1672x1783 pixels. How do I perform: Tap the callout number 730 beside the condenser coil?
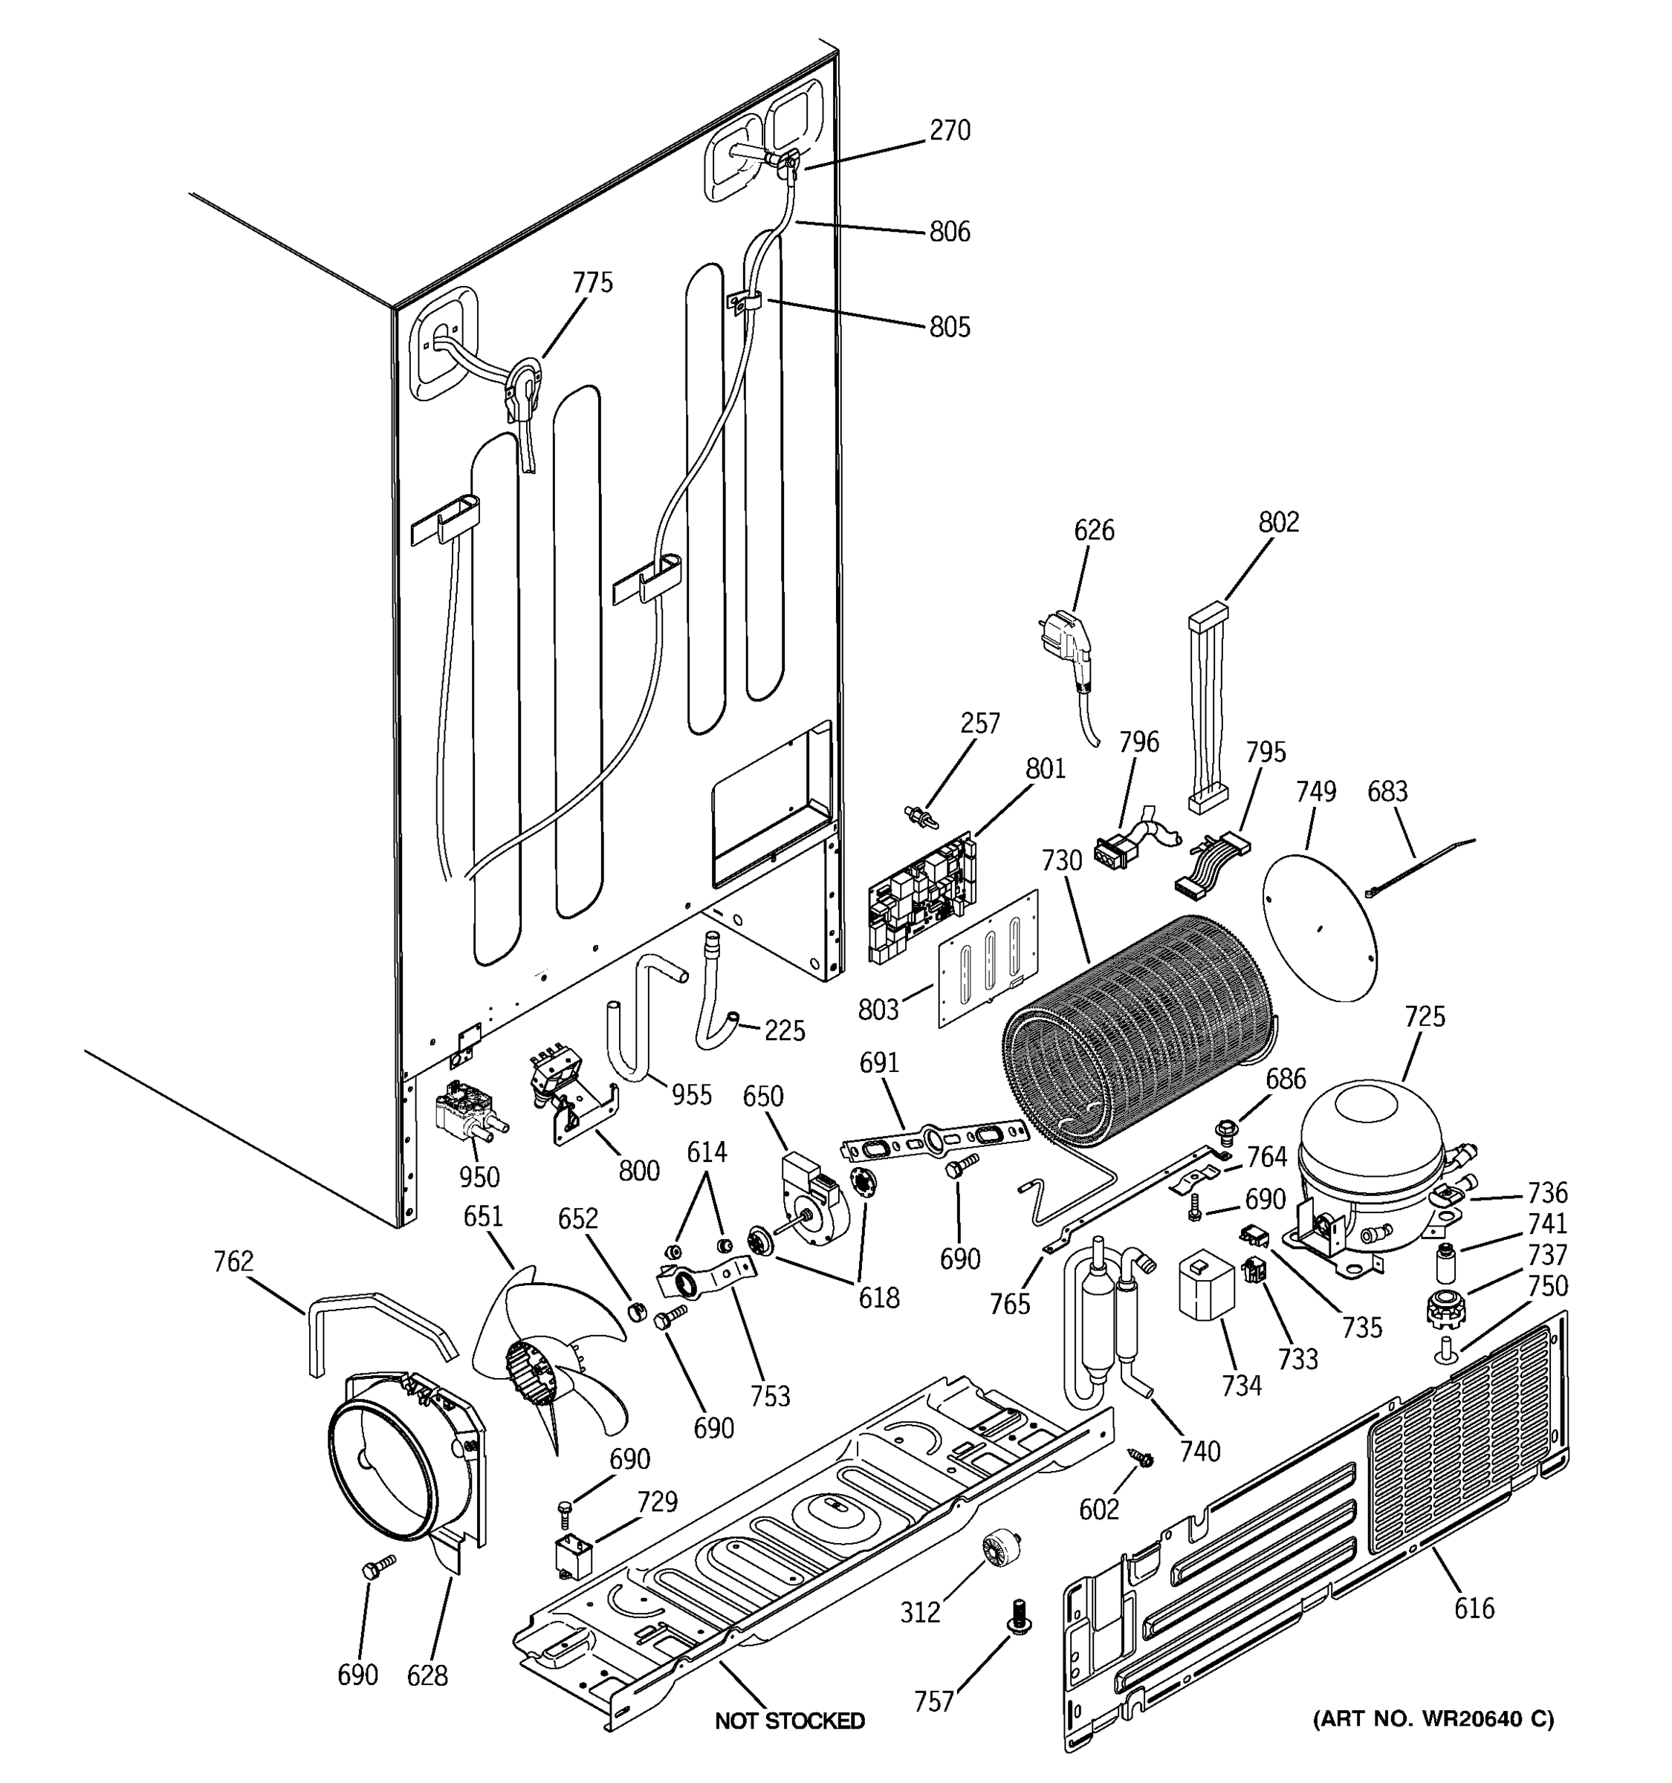[1062, 861]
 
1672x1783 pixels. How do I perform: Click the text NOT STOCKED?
[789, 1720]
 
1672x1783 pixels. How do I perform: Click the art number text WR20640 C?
[1433, 1718]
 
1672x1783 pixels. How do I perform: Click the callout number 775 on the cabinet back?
[593, 282]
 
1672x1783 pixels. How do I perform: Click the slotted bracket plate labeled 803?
[988, 960]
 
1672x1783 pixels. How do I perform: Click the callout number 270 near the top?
[949, 131]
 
